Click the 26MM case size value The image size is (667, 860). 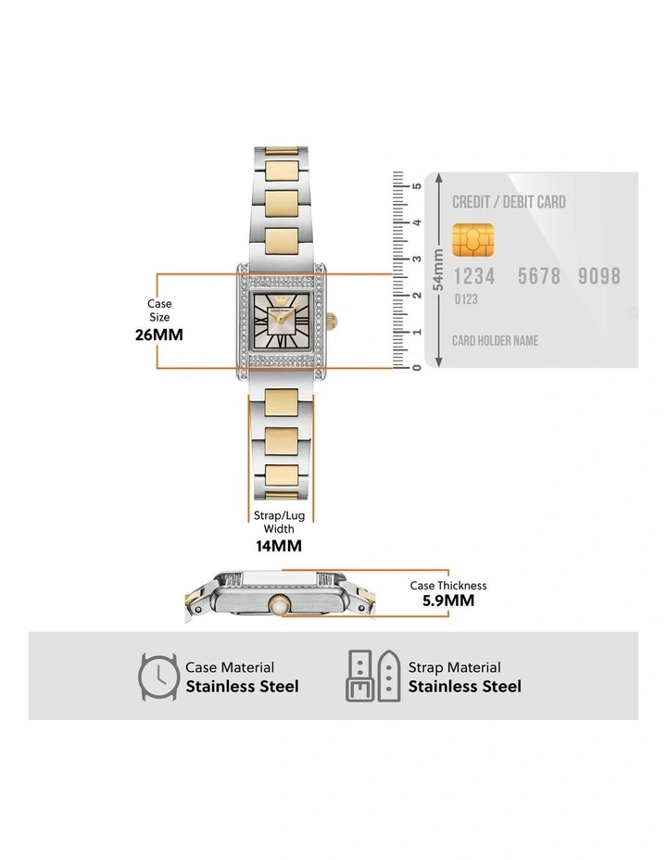(x=159, y=335)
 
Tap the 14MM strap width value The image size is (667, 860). (x=279, y=546)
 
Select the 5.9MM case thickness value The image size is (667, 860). (x=448, y=601)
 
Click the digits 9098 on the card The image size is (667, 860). (x=598, y=276)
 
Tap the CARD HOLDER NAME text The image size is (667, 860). (x=495, y=340)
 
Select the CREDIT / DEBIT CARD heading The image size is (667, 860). (x=509, y=202)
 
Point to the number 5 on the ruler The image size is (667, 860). (x=418, y=186)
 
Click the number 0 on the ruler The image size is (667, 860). (x=418, y=368)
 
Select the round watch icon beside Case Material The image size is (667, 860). (x=158, y=677)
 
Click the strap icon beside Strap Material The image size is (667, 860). (x=373, y=677)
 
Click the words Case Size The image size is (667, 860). (x=159, y=310)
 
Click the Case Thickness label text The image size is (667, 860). (x=448, y=586)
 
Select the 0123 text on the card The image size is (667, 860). (x=466, y=299)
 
